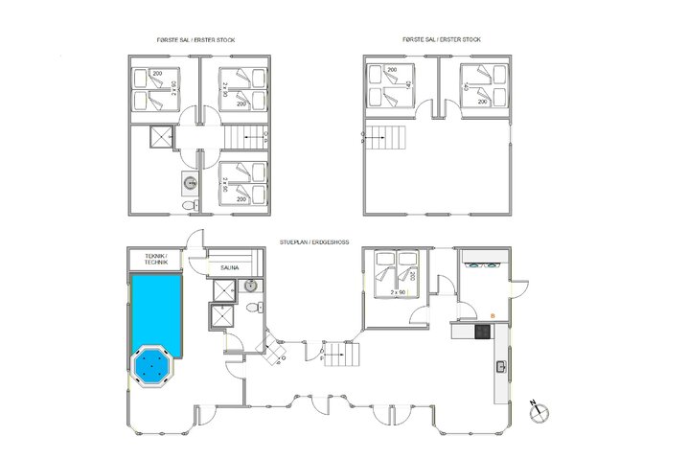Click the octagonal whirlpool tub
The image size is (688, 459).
152,366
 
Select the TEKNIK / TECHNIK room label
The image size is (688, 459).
155,259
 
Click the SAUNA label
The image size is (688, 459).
230,268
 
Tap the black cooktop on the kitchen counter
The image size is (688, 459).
482,331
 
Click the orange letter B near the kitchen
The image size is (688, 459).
493,315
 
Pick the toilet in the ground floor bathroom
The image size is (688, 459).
252,309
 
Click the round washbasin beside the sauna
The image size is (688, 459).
250,286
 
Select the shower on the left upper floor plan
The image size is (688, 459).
158,138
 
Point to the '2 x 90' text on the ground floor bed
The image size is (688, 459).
398,291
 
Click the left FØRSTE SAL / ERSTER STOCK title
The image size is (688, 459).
195,39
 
